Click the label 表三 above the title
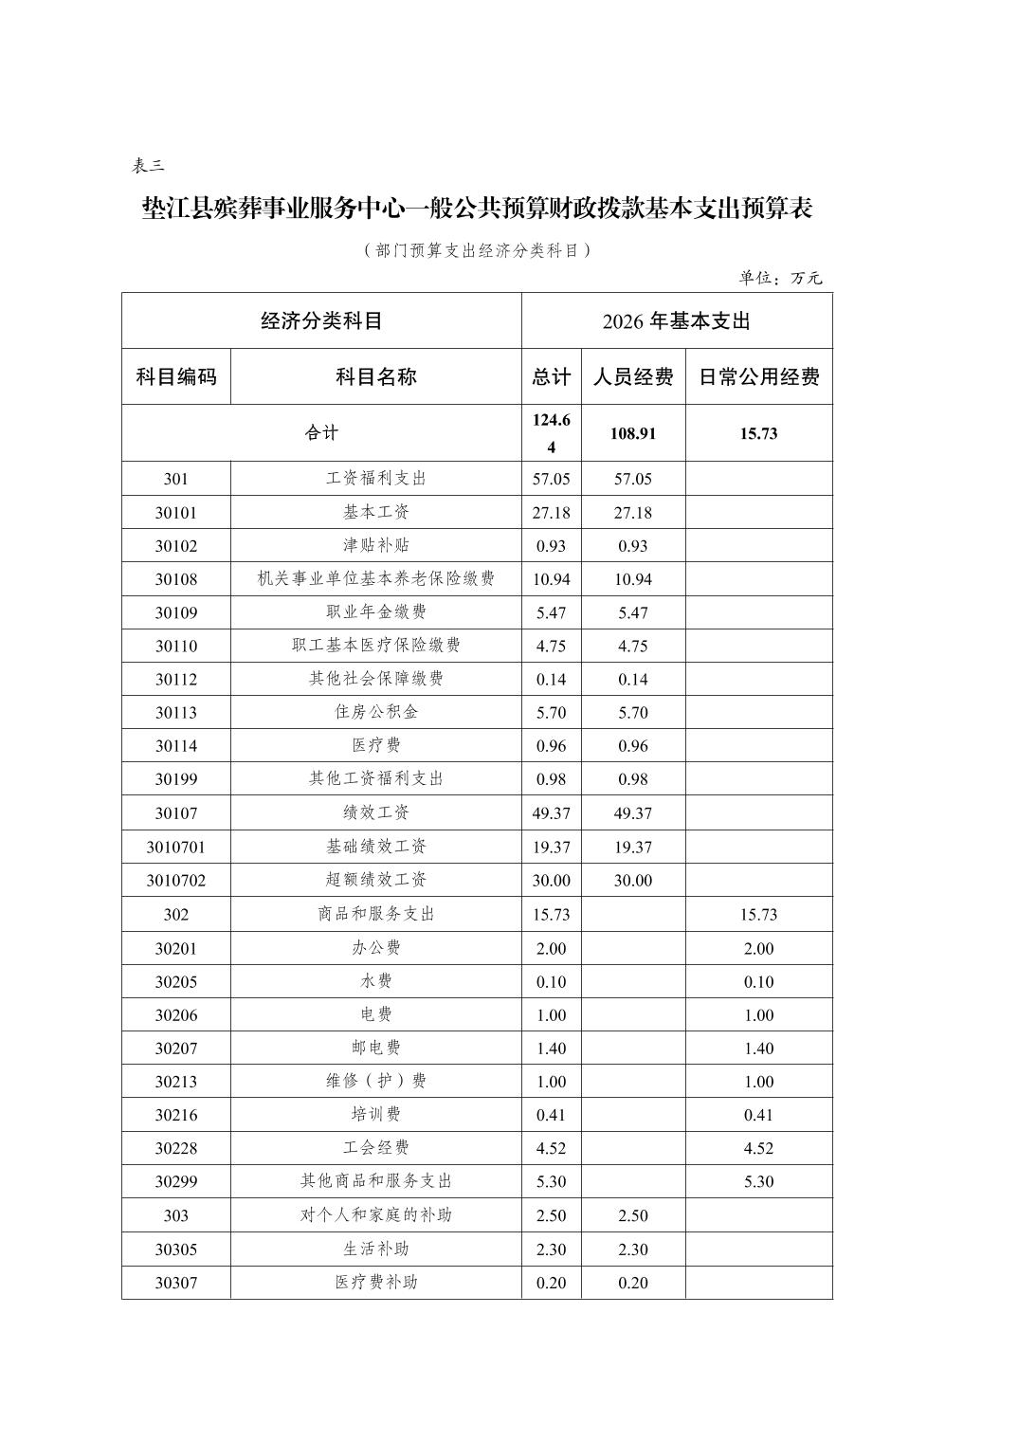pyautogui.click(x=148, y=166)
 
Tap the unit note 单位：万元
pyautogui.click(x=780, y=278)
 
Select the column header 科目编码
pyautogui.click(x=176, y=377)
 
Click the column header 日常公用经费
pyautogui.click(x=758, y=377)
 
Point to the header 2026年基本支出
pyautogui.click(x=676, y=321)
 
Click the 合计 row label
pyautogui.click(x=321, y=433)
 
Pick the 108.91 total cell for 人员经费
pyautogui.click(x=632, y=433)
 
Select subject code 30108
pyautogui.click(x=176, y=579)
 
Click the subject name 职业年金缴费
pyautogui.click(x=376, y=612)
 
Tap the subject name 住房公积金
pyautogui.click(x=376, y=712)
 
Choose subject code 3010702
pyautogui.click(x=176, y=881)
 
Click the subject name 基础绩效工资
pyautogui.click(x=376, y=847)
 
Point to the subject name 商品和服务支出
pyautogui.click(x=376, y=914)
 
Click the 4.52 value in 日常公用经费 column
pyautogui.click(x=758, y=1148)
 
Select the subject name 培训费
pyautogui.click(x=376, y=1114)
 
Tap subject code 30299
pyautogui.click(x=176, y=1182)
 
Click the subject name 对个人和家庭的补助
pyautogui.click(x=376, y=1215)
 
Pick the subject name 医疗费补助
pyautogui.click(x=376, y=1283)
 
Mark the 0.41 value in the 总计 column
pyautogui.click(x=551, y=1115)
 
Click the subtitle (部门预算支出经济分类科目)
pyautogui.click(x=477, y=250)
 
